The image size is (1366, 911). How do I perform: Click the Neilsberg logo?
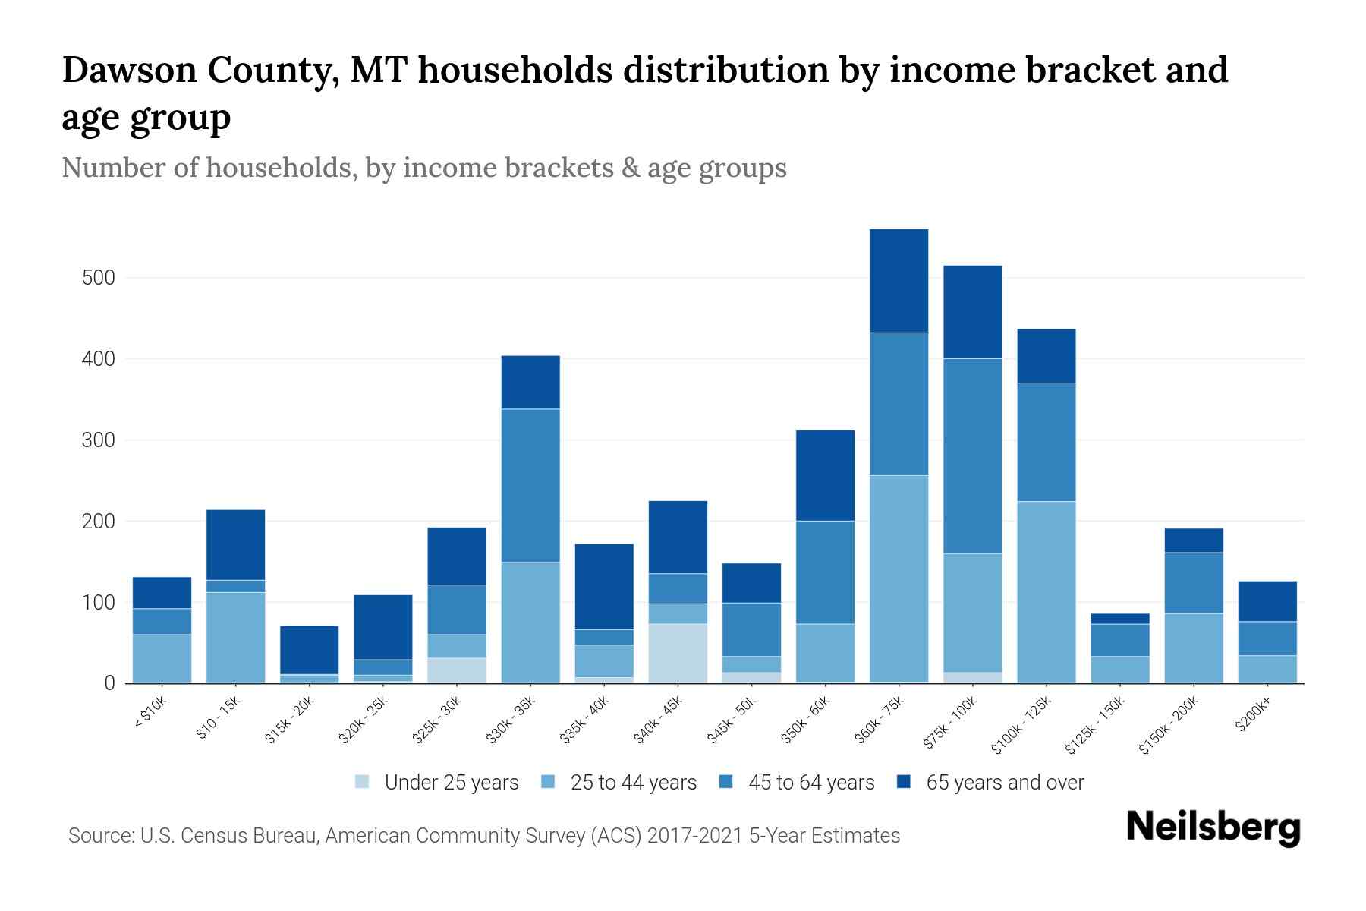[x=1213, y=827]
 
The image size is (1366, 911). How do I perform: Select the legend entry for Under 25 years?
[x=452, y=783]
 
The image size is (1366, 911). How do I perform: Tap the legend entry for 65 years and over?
[x=1005, y=783]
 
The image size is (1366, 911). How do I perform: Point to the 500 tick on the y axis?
[x=99, y=278]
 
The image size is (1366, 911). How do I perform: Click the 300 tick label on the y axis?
[x=99, y=440]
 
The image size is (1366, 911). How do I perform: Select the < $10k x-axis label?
[x=151, y=713]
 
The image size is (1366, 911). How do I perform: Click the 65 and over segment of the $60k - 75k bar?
[x=899, y=281]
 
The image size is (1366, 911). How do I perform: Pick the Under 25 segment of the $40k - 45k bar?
[x=678, y=653]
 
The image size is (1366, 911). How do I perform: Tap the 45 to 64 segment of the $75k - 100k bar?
[x=972, y=455]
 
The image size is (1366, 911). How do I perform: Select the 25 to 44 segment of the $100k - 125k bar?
[x=1046, y=592]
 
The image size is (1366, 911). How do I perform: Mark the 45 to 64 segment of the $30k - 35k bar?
[x=530, y=486]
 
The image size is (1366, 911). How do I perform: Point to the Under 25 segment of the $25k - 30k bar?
[x=457, y=670]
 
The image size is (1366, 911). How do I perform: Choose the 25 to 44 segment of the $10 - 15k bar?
[x=235, y=638]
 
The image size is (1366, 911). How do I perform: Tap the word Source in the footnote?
[x=99, y=836]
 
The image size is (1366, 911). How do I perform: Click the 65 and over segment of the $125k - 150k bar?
[x=1119, y=619]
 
